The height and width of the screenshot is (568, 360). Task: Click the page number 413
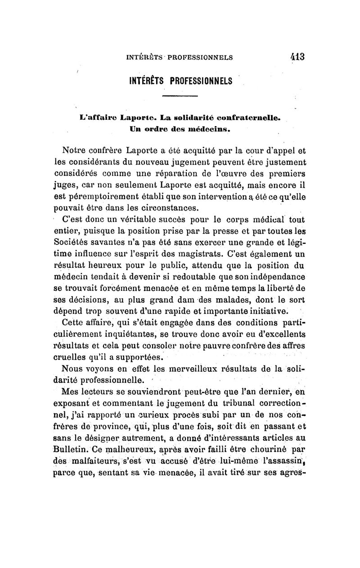(297, 57)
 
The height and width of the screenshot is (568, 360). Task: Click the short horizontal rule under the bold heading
(180, 96)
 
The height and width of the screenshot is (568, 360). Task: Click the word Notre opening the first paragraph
(75, 149)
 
